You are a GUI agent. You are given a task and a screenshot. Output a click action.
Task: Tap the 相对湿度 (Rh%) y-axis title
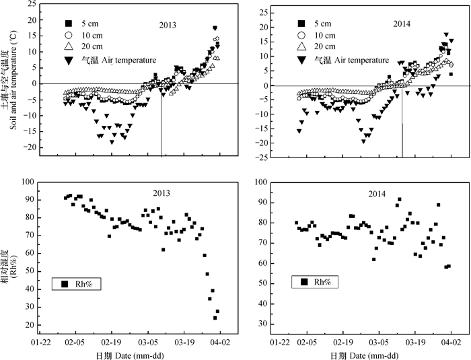pyautogui.click(x=9, y=260)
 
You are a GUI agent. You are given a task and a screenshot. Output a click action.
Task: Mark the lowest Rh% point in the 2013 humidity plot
pyautogui.click(x=215, y=318)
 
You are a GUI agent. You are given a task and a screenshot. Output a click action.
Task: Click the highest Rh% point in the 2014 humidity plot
pyautogui.click(x=399, y=199)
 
